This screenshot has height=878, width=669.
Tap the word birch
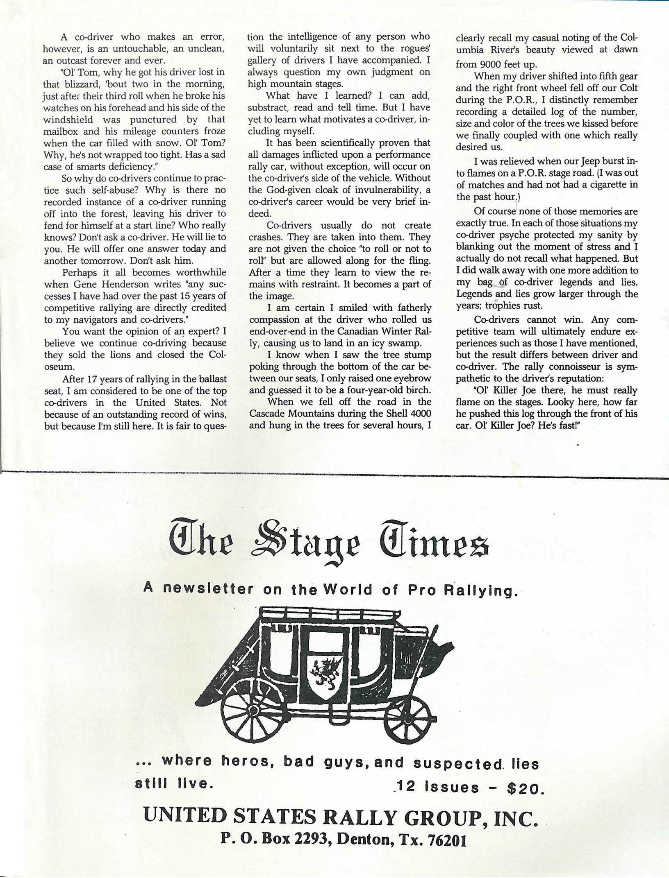point(417,390)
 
